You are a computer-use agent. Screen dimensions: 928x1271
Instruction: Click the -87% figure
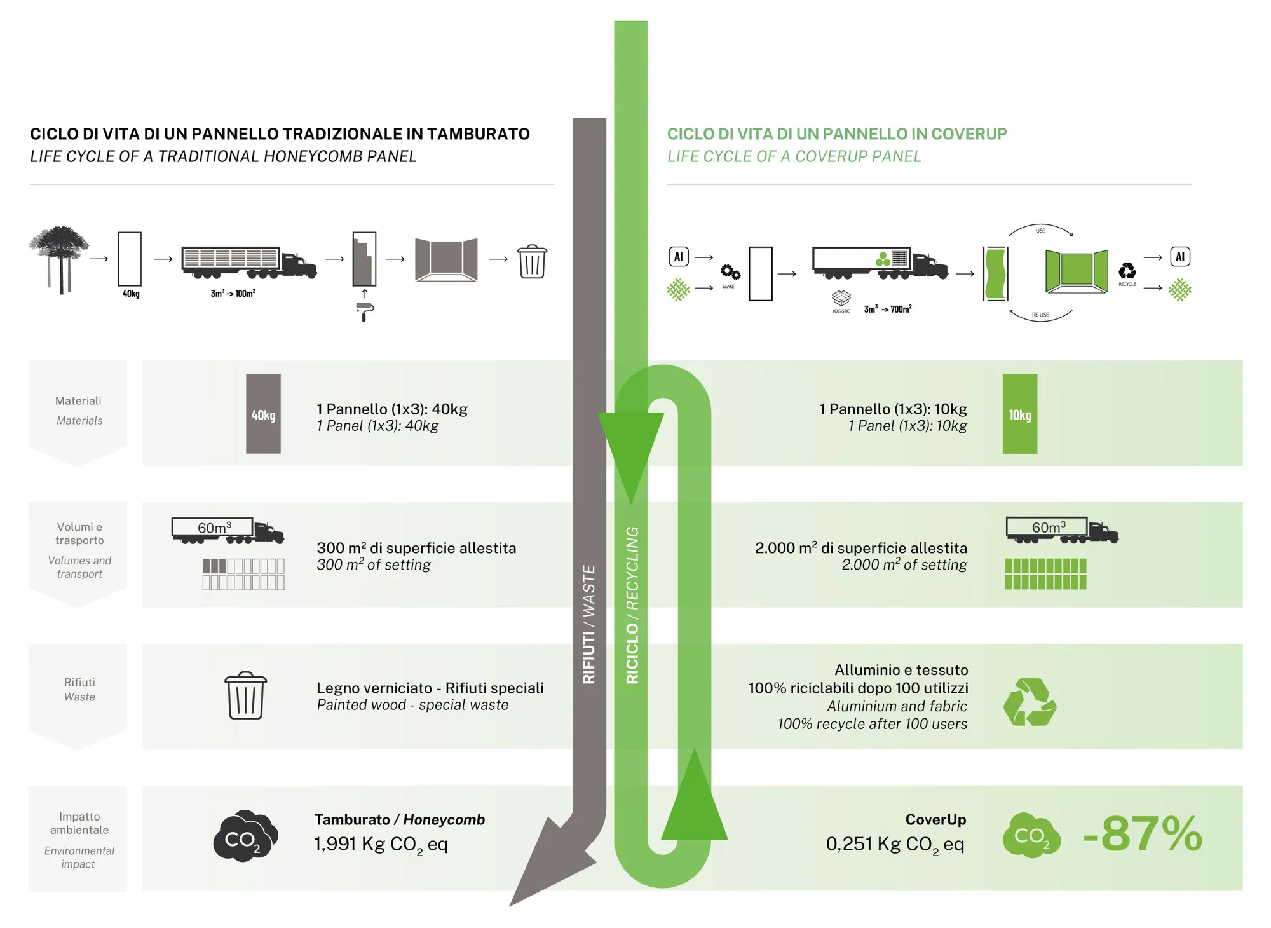point(1143,833)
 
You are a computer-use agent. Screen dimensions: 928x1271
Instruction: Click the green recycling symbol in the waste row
point(1030,702)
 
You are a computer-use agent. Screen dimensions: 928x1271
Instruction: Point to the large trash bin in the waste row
point(245,695)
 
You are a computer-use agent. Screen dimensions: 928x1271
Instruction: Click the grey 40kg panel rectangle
point(263,414)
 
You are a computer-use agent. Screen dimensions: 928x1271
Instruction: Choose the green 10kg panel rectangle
point(1019,414)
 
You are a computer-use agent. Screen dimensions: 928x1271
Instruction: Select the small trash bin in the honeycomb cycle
point(532,261)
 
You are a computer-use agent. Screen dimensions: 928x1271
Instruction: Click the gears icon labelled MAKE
point(730,273)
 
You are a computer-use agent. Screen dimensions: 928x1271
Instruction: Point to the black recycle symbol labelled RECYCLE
point(1127,271)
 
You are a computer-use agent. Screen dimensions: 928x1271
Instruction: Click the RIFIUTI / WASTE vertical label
point(589,624)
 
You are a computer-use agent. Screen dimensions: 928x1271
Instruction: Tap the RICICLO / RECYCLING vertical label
point(632,605)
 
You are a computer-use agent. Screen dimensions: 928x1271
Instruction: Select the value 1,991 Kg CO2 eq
point(381,844)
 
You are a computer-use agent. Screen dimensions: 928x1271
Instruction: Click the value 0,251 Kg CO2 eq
point(895,844)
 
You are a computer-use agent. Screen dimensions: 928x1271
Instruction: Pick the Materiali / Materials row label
point(79,410)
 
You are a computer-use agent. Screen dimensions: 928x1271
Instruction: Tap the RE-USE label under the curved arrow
point(1040,315)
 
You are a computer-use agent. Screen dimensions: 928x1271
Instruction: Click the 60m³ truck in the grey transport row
point(227,530)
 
